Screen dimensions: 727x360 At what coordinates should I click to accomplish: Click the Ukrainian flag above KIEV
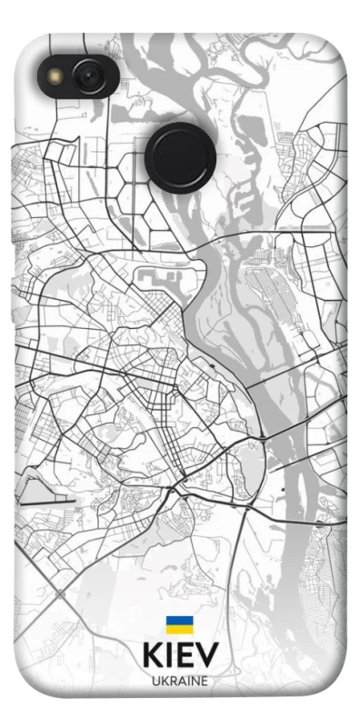click(x=178, y=624)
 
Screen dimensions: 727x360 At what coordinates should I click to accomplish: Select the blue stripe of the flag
click(x=178, y=621)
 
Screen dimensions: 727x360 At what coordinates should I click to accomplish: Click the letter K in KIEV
click(x=152, y=655)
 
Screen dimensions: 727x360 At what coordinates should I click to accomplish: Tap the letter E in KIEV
click(x=185, y=655)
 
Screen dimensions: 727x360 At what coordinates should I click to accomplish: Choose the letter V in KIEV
click(x=207, y=655)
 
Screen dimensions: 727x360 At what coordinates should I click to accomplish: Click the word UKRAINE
click(x=179, y=681)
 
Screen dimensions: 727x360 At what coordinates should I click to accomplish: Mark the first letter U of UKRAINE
click(x=155, y=681)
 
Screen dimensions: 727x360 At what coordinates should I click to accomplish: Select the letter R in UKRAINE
click(x=172, y=681)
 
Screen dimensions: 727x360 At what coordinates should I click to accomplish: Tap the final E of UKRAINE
click(x=204, y=681)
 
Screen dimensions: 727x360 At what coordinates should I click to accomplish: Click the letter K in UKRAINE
click(x=164, y=681)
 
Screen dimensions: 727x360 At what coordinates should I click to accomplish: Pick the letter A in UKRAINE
click(x=181, y=681)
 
